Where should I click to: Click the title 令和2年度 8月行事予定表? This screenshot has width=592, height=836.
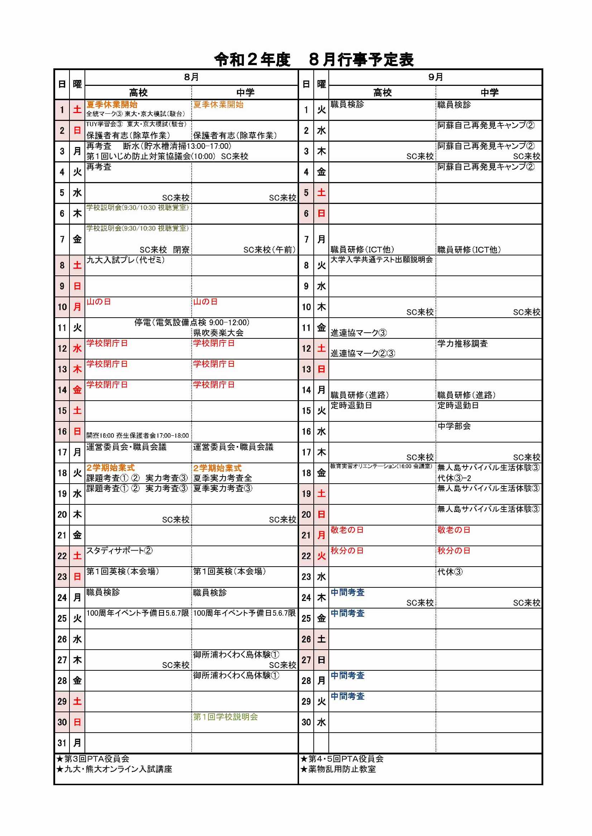tap(314, 60)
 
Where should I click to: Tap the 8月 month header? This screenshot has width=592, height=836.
tap(191, 77)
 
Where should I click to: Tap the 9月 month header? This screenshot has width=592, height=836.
tap(435, 77)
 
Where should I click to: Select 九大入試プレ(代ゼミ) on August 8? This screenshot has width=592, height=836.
tap(125, 260)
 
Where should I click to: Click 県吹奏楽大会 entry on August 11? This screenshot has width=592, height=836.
tap(218, 332)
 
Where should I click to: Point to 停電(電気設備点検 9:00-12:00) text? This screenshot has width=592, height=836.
tap(192, 323)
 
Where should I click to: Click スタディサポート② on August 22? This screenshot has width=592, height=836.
tap(119, 551)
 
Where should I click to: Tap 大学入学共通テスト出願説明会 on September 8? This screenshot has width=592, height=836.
tap(381, 260)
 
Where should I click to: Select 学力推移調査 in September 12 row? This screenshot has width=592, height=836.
tap(462, 343)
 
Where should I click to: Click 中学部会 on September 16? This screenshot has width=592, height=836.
tap(454, 426)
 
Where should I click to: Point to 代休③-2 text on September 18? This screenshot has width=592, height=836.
tap(454, 478)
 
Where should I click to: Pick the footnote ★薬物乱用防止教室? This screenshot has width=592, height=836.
tap(338, 769)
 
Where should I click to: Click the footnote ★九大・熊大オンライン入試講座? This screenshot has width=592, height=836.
tap(114, 769)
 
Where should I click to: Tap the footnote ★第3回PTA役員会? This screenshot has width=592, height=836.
tap(93, 759)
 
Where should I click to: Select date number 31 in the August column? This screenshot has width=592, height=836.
tap(62, 743)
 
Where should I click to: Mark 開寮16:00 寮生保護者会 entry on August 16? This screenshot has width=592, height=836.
tap(138, 435)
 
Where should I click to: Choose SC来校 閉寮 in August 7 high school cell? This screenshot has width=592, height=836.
tap(164, 250)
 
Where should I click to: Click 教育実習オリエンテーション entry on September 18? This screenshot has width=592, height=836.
tap(381, 466)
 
